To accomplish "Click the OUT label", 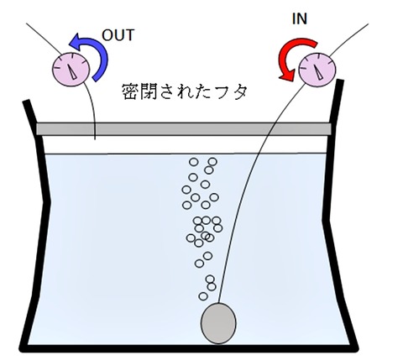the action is [x=118, y=35].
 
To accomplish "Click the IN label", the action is [x=300, y=18].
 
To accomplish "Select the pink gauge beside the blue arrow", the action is [x=71, y=69].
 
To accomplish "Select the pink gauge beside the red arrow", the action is [x=317, y=69].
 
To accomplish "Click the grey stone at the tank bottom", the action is [x=218, y=323].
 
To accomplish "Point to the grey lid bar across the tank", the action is [x=184, y=129].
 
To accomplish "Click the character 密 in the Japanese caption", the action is [x=131, y=91].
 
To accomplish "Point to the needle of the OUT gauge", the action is [x=71, y=71].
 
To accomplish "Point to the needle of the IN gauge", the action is [x=317, y=71].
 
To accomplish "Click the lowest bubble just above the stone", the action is [x=203, y=296].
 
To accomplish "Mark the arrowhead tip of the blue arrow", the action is [x=69, y=44].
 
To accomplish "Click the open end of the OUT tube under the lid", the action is [x=95, y=139].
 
